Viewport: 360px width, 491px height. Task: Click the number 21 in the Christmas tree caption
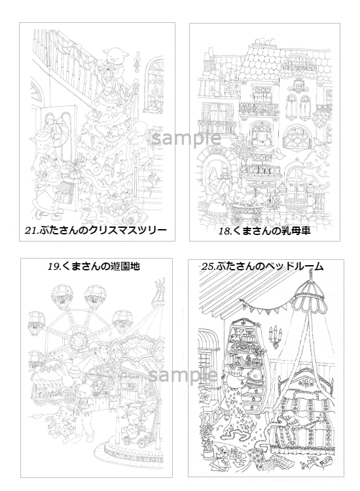[x=31, y=231]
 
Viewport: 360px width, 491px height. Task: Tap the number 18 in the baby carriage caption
[x=225, y=231]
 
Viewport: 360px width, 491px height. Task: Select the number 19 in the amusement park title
[x=54, y=266]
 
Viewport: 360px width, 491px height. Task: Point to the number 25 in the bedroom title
[x=207, y=267]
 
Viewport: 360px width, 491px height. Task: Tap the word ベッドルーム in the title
[x=294, y=266]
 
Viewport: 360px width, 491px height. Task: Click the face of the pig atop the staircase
[x=113, y=57]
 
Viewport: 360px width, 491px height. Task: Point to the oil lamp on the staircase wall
[x=136, y=61]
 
